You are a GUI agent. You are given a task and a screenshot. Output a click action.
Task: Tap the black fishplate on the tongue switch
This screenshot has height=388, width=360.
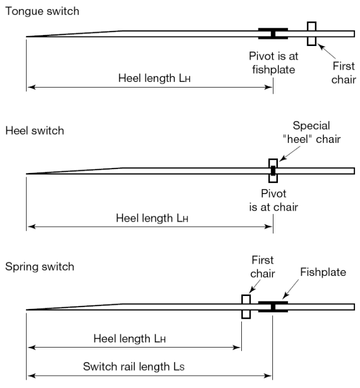273,34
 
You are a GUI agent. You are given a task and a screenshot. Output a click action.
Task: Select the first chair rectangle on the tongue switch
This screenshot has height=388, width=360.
312,34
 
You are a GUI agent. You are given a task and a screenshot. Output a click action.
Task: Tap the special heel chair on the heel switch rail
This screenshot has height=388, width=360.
273,170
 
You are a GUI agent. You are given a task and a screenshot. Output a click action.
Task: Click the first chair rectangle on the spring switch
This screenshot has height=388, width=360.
246,307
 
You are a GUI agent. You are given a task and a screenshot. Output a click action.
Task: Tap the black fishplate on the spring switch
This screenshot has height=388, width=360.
273,307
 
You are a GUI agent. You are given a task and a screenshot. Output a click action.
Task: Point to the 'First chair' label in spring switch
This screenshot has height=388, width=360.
262,267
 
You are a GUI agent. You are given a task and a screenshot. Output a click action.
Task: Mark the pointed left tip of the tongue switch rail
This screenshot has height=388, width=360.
27,37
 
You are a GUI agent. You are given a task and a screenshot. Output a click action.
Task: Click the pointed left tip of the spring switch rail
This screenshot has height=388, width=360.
27,309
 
